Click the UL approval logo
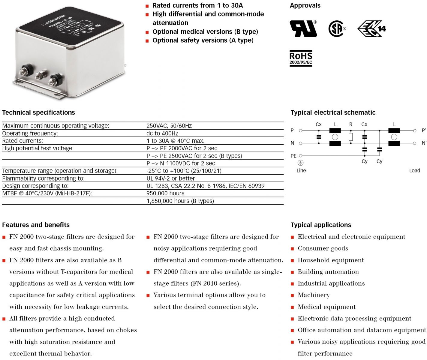tap(303, 28)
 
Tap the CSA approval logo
tap(337, 29)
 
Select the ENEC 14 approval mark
tap(371, 29)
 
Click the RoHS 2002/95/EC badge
tap(301, 58)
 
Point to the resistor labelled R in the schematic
tap(350, 137)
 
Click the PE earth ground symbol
tap(300, 163)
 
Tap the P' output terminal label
tap(424, 130)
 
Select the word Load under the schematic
tap(414, 171)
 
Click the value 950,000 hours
tap(165, 193)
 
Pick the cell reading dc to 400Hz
tap(162, 133)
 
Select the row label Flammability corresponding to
tap(43, 178)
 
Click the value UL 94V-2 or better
tap(170, 178)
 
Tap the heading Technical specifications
tap(38, 112)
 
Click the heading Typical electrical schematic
tap(333, 112)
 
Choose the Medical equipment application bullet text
tap(326, 307)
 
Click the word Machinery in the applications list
tap(314, 295)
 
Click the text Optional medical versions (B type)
tap(205, 32)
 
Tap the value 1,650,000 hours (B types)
tap(180, 201)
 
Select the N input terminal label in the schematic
tap(292, 143)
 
